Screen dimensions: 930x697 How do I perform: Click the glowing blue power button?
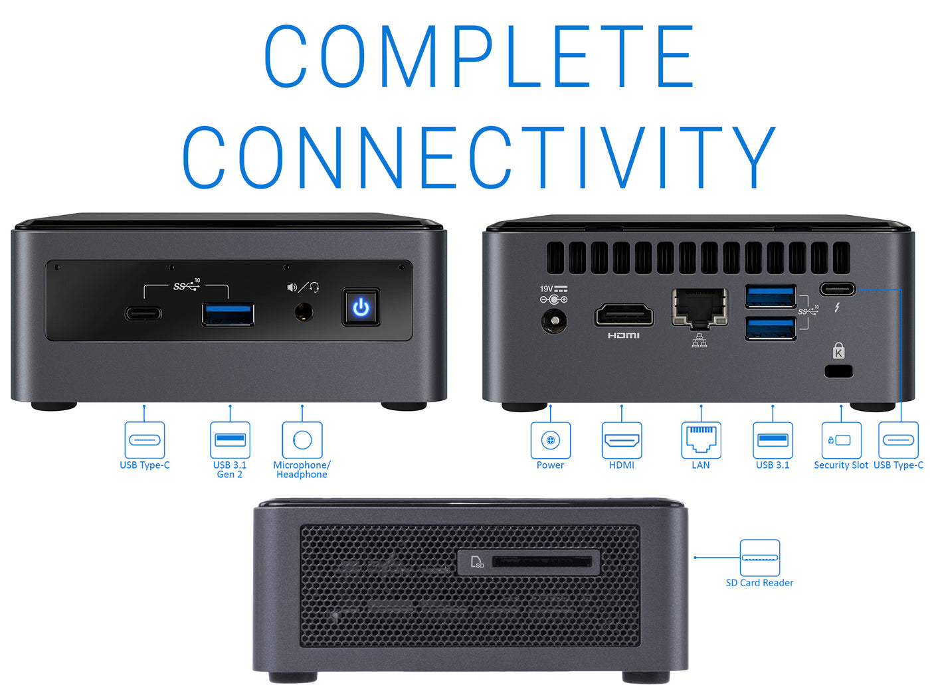pyautogui.click(x=361, y=307)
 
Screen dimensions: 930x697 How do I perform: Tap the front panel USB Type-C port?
pyautogui.click(x=143, y=313)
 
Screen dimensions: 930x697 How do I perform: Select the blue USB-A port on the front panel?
pyautogui.click(x=228, y=314)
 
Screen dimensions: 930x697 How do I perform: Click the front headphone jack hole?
pyautogui.click(x=304, y=312)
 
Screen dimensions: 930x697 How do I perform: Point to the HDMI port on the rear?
pyautogui.click(x=624, y=315)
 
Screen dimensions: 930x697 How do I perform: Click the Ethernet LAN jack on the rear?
pyautogui.click(x=700, y=307)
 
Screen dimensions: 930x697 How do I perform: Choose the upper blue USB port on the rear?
pyautogui.click(x=771, y=296)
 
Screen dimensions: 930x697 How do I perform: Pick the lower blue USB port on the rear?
pyautogui.click(x=771, y=329)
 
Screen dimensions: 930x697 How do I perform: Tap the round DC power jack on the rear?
pyautogui.click(x=554, y=321)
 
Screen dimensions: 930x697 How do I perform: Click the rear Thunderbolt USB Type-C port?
pyautogui.click(x=837, y=289)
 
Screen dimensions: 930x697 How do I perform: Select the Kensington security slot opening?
pyautogui.click(x=838, y=371)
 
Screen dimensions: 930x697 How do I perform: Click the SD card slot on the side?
pyautogui.click(x=542, y=562)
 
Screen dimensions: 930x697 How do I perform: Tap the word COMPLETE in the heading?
pyautogui.click(x=479, y=56)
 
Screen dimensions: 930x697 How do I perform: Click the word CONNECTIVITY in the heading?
pyautogui.click(x=479, y=157)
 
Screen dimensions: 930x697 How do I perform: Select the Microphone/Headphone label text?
pyautogui.click(x=302, y=469)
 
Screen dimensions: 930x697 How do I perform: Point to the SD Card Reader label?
pyautogui.click(x=759, y=583)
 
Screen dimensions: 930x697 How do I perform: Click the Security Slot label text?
pyautogui.click(x=841, y=465)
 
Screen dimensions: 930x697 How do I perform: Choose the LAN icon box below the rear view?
pyautogui.click(x=701, y=440)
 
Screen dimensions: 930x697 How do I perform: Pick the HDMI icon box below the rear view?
pyautogui.click(x=622, y=440)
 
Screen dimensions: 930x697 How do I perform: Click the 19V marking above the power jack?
pyautogui.click(x=546, y=289)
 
